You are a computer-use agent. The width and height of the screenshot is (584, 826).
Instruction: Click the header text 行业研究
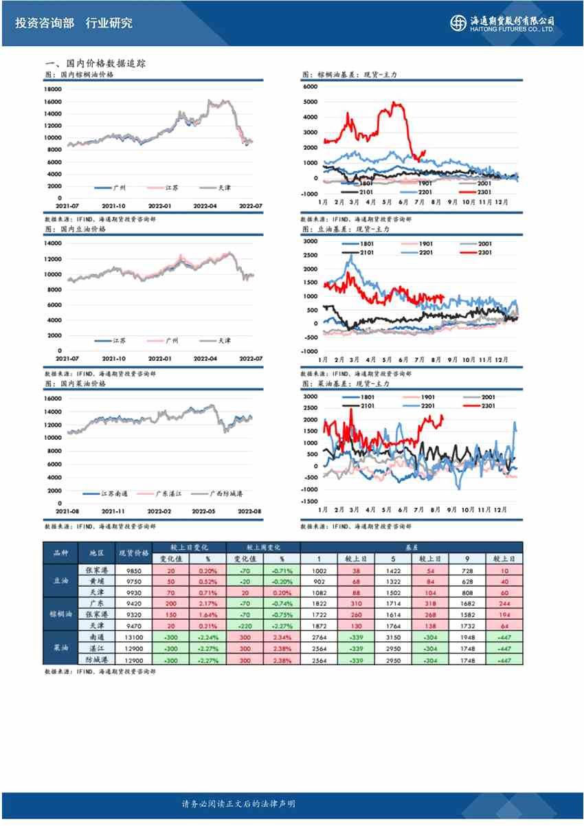pyautogui.click(x=109, y=23)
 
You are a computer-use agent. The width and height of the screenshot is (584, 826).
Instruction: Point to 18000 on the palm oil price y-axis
pyautogui.click(x=53, y=89)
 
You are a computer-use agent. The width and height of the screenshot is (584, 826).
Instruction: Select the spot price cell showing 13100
pyautogui.click(x=133, y=642)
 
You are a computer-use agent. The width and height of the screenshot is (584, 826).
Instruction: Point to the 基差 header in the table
pyautogui.click(x=410, y=547)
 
